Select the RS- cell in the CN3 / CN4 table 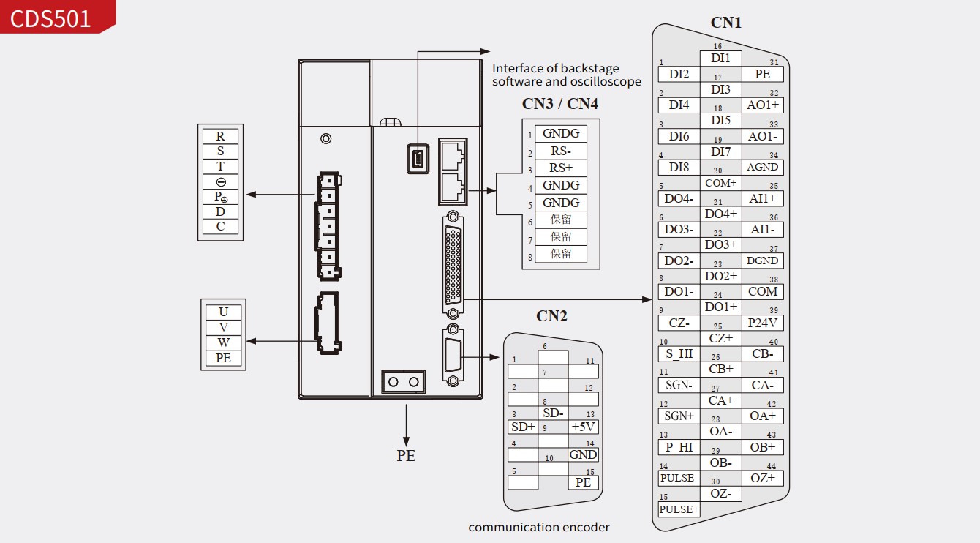pos(561,151)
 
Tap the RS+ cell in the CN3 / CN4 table pos(561,168)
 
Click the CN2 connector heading pos(551,316)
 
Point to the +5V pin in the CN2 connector pos(583,427)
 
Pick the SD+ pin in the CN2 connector pos(523,427)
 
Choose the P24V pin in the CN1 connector pos(762,322)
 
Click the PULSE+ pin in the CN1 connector pos(679,509)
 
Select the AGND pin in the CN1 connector pos(762,167)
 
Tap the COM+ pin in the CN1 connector pos(720,183)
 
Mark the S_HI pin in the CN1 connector pos(679,353)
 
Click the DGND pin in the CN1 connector pos(762,261)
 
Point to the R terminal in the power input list pos(220,136)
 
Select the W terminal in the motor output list pos(223,342)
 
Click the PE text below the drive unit pos(406,455)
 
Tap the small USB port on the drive pos(418,158)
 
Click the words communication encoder pos(539,527)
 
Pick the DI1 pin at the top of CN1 pos(720,58)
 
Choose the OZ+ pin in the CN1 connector pos(762,478)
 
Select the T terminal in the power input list pos(220,166)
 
